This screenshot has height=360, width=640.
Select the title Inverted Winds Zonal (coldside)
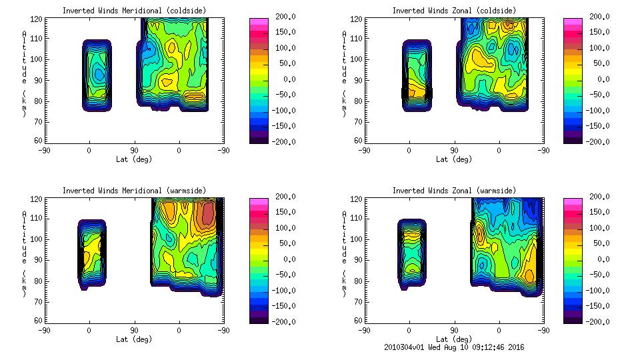coord(454,11)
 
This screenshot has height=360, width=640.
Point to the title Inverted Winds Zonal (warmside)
coord(454,191)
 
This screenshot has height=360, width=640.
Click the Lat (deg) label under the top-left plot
coord(134,159)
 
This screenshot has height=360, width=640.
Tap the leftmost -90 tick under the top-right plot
coord(364,151)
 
